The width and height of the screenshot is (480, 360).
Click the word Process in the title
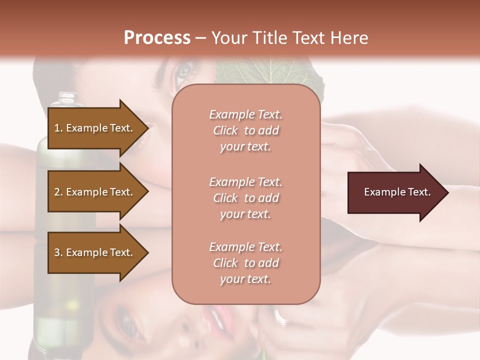click(157, 38)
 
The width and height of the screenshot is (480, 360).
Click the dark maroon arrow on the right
click(395, 192)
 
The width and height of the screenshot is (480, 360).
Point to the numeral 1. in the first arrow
click(58, 128)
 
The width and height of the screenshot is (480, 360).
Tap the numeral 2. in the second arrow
click(58, 192)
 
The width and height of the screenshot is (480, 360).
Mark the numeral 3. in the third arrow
click(58, 252)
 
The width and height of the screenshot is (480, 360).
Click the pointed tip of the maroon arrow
click(446, 192)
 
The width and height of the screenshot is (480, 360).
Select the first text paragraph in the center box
click(245, 130)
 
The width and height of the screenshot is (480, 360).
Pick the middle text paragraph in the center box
click(245, 198)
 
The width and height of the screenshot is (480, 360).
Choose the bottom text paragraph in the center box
click(245, 263)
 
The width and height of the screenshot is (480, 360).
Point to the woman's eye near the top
click(182, 72)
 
